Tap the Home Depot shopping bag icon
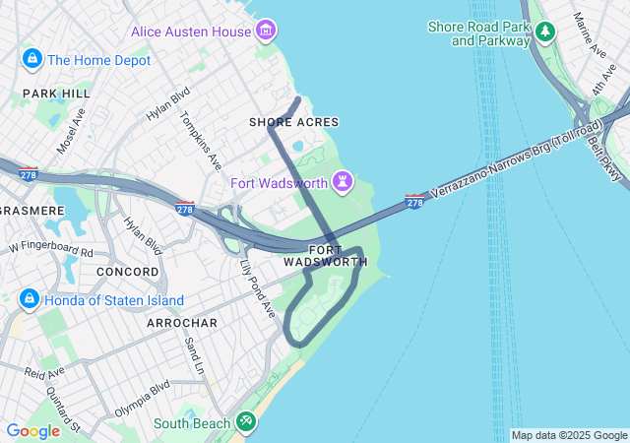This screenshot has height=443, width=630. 32,60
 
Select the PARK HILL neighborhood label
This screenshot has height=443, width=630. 56,94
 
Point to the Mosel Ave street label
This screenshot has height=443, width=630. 71,131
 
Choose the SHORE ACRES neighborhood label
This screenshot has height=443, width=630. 293,122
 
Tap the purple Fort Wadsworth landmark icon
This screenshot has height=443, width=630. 343,182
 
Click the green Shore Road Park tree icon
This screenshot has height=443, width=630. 545,33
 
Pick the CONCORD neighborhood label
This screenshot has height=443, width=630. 127,271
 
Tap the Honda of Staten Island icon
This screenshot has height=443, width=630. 30,299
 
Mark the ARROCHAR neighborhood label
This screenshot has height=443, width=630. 182,323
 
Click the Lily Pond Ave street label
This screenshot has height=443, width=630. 259,289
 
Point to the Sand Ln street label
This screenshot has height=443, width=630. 194,357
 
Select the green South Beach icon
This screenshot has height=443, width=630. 245,423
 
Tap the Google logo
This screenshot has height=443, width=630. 32,430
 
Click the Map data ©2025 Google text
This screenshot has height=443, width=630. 569,435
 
